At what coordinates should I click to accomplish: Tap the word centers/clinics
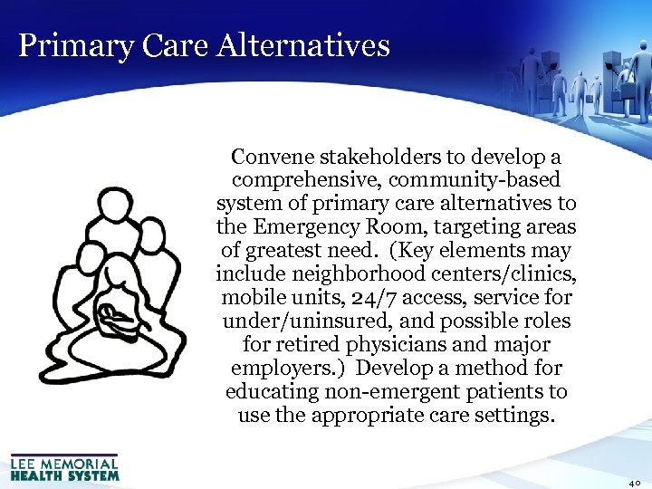pyautogui.click(x=508, y=274)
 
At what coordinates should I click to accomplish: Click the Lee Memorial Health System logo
pyautogui.click(x=65, y=467)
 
